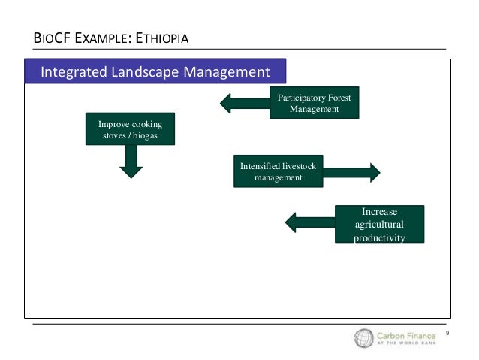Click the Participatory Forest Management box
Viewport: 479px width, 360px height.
314,103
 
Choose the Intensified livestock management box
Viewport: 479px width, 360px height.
278,171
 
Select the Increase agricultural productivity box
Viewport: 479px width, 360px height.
379,224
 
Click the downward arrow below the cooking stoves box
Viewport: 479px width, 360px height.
131,162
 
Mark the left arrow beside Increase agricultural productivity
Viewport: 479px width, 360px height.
309,222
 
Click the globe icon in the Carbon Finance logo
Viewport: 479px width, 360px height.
364,339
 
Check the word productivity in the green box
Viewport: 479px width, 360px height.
379,237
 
